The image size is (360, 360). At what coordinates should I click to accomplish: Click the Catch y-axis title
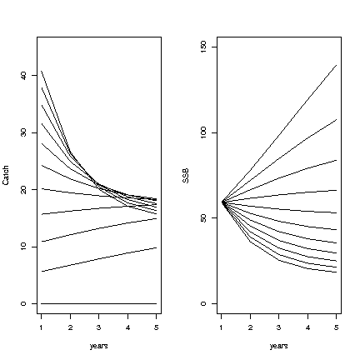tap(6, 175)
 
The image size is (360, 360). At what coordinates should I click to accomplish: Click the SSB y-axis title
tap(186, 176)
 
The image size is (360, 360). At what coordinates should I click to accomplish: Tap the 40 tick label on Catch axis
tap(23, 76)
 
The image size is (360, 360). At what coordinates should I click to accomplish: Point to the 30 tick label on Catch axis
tap(23, 132)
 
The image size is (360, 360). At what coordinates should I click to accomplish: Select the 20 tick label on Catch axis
tap(23, 190)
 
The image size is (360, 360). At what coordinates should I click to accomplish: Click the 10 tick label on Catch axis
tap(23, 247)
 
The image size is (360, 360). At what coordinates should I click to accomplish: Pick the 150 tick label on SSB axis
tap(203, 47)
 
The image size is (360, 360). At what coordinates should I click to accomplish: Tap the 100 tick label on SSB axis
tap(203, 132)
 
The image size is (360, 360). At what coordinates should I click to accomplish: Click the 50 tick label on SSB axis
tap(203, 218)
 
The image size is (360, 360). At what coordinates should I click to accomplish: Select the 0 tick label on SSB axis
tap(203, 303)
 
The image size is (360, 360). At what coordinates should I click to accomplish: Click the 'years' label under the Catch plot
tap(99, 346)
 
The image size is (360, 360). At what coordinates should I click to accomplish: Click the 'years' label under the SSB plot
tap(279, 346)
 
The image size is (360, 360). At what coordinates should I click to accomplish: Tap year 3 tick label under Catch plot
tap(99, 327)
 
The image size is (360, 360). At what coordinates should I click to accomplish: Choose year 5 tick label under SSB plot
tap(337, 327)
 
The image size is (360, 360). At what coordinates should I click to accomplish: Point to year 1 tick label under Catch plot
tap(41, 327)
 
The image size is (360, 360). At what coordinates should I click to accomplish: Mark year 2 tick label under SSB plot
tap(250, 327)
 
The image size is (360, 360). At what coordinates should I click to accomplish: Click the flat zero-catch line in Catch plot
tap(99, 303)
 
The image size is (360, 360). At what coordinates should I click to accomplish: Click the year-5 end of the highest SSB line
tap(337, 65)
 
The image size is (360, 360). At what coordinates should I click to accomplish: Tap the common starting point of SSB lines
tap(223, 202)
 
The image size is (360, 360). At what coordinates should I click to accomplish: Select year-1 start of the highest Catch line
tap(42, 71)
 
